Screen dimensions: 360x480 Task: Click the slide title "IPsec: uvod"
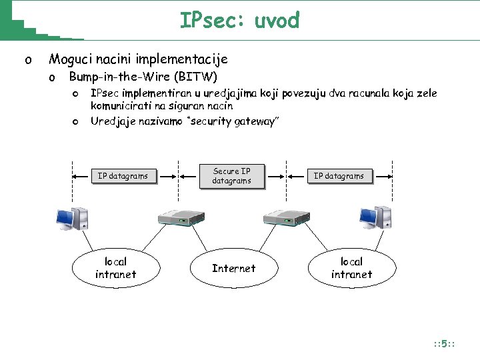pyautogui.click(x=239, y=21)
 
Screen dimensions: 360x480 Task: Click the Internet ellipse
pyautogui.click(x=233, y=268)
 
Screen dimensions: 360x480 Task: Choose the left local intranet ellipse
pyautogui.click(x=115, y=268)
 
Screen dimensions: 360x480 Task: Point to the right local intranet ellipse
pyautogui.click(x=351, y=268)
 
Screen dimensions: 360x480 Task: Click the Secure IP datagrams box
pyautogui.click(x=231, y=176)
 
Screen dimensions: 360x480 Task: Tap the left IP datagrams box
pyautogui.click(x=123, y=176)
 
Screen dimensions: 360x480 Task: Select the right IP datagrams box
pyautogui.click(x=339, y=176)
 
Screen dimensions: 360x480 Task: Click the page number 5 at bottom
pyautogui.click(x=444, y=345)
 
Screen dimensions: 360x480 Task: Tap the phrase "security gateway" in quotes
pyautogui.click(x=234, y=121)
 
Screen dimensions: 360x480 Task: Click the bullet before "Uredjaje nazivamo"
pyautogui.click(x=76, y=121)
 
